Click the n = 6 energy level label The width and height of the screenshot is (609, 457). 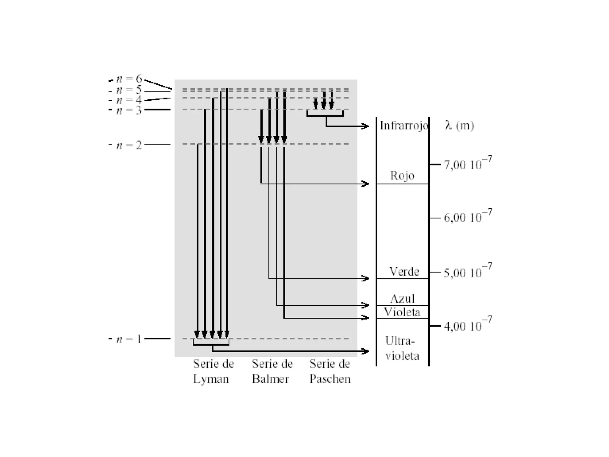[129, 79]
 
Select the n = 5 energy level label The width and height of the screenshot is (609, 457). [129, 90]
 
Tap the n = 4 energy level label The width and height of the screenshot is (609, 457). [129, 100]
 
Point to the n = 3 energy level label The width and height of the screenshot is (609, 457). [129, 110]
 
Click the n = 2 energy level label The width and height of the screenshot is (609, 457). [129, 145]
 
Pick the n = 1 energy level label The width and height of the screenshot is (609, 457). [129, 339]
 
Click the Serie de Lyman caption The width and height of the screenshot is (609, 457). [213, 371]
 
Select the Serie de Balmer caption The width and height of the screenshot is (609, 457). [272, 371]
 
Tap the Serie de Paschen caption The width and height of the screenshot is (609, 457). [330, 371]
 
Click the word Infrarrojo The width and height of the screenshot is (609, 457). [404, 126]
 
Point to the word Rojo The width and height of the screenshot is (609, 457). [402, 175]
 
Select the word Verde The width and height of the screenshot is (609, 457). [404, 271]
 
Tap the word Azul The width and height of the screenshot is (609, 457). [402, 298]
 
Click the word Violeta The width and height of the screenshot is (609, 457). [402, 312]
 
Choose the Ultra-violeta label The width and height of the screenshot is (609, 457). [402, 348]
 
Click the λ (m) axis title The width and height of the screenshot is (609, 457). [459, 126]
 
